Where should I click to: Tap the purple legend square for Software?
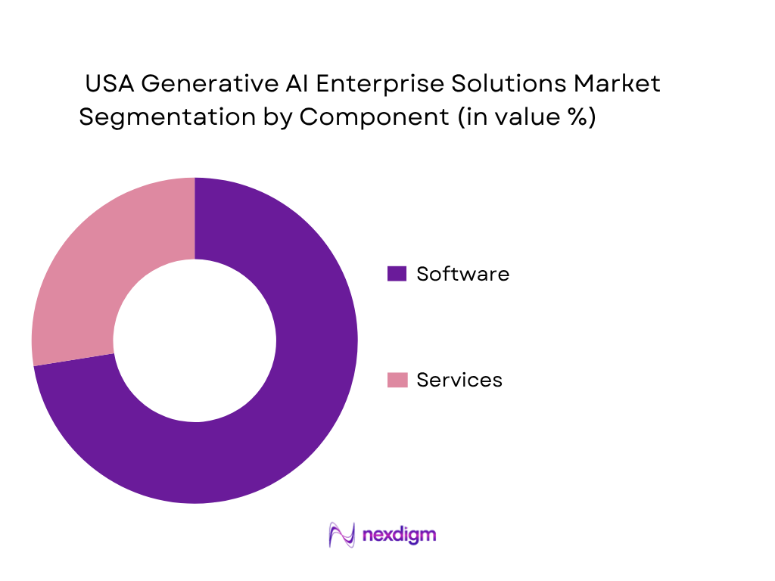[397, 274]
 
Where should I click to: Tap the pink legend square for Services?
[397, 380]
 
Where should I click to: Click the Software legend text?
[462, 274]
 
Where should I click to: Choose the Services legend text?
[459, 380]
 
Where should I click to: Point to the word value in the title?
[529, 118]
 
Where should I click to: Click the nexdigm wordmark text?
[399, 535]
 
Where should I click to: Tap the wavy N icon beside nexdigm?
[341, 535]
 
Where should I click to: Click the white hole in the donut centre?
[195, 340]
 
